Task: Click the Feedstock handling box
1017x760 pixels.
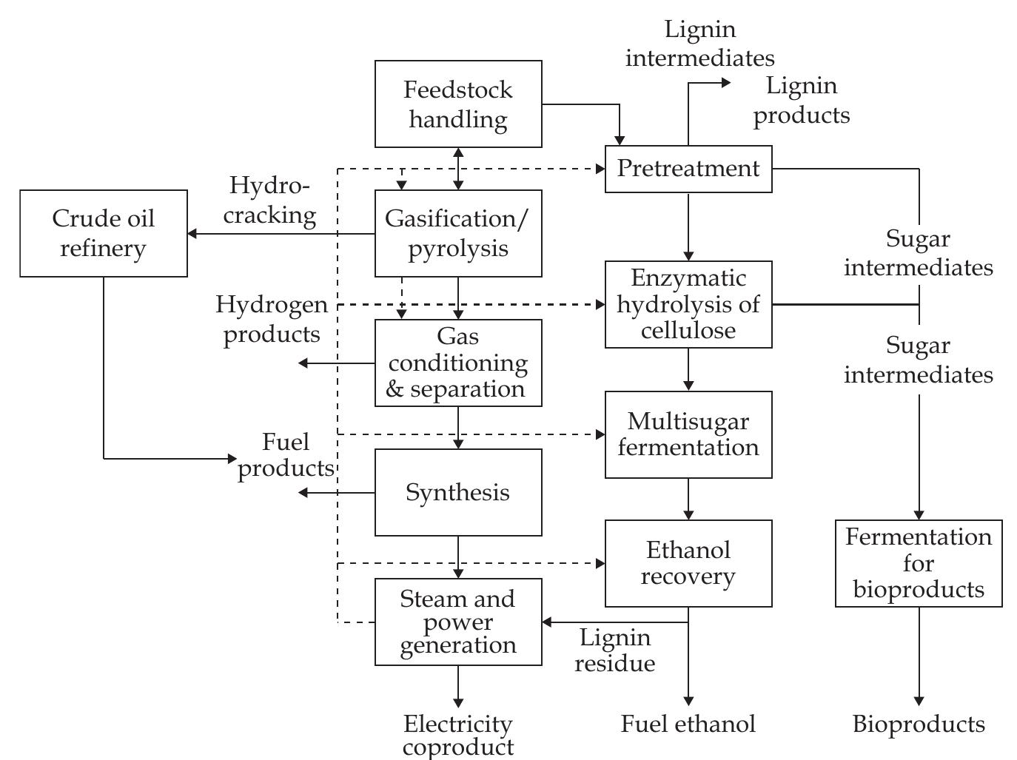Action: click(x=458, y=104)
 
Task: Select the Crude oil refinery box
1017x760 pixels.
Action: click(x=104, y=233)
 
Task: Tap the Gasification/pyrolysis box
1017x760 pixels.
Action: click(x=458, y=233)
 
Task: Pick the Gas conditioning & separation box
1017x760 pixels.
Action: click(x=458, y=363)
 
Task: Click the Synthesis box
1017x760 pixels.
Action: click(x=458, y=492)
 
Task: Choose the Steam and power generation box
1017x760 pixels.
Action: click(x=458, y=622)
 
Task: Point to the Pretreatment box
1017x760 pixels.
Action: click(x=688, y=169)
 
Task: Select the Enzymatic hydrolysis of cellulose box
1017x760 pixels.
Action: click(x=688, y=304)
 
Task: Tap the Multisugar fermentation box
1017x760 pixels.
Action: click(x=688, y=434)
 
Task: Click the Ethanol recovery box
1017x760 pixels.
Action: click(x=688, y=563)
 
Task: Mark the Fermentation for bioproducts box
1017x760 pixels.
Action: click(x=919, y=563)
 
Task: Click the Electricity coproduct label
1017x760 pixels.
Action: click(x=458, y=735)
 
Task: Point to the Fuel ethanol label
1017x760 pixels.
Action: click(x=688, y=724)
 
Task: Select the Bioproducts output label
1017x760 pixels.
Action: click(x=919, y=724)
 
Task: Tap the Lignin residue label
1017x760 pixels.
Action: click(x=615, y=650)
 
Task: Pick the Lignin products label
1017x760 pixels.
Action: click(x=802, y=101)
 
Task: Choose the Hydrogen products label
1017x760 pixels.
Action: click(x=272, y=319)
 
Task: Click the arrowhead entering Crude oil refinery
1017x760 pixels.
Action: click(x=192, y=234)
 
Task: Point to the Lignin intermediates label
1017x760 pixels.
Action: click(x=700, y=44)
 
